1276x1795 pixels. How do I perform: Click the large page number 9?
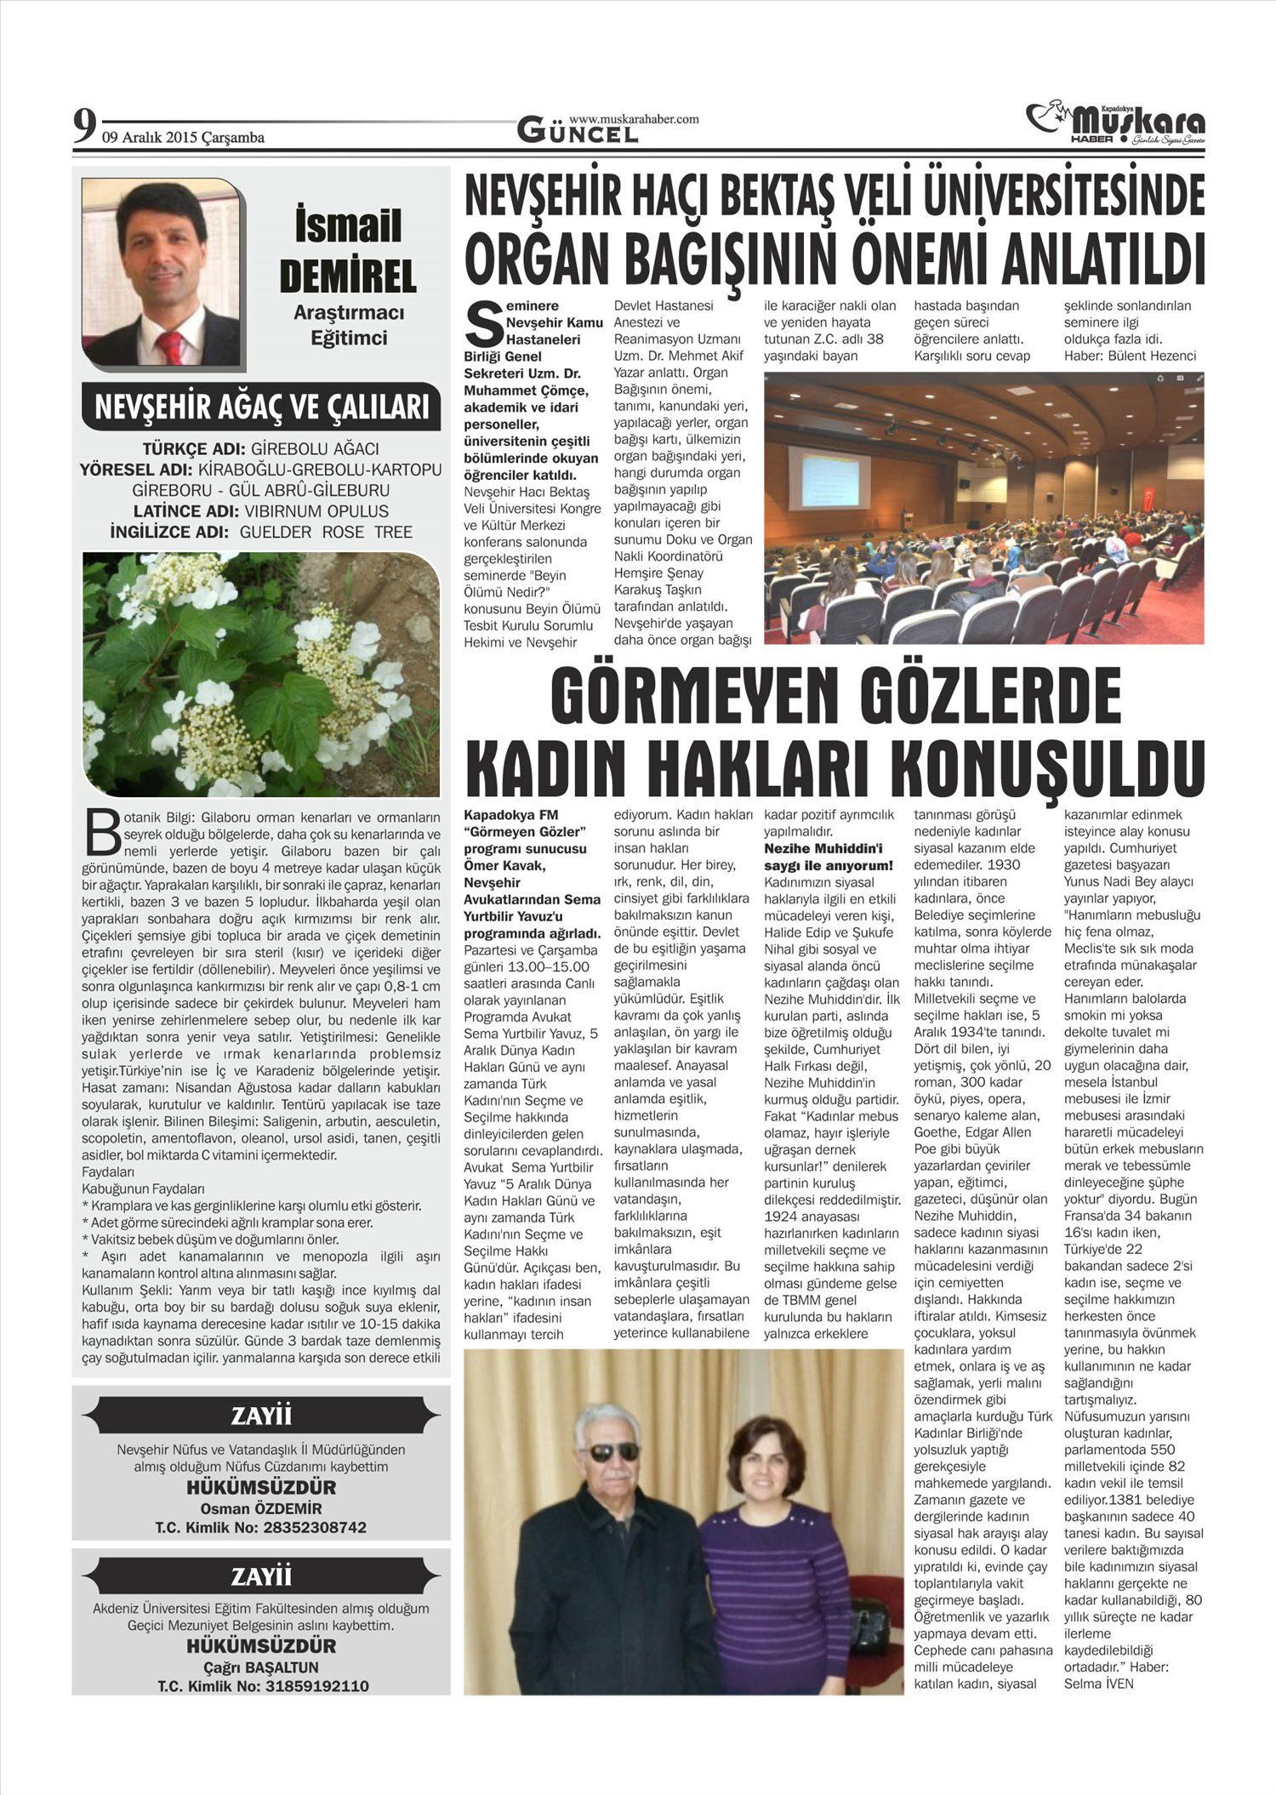click(x=83, y=127)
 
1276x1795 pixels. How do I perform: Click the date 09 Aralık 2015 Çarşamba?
click(x=183, y=138)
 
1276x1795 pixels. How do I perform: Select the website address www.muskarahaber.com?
click(x=634, y=119)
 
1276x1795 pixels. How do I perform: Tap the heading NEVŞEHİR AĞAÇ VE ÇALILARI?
click(x=261, y=407)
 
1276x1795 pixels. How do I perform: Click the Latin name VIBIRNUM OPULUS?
click(x=316, y=511)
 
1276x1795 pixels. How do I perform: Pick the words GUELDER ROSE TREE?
click(x=326, y=533)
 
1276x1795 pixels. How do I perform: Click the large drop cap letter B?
click(x=102, y=832)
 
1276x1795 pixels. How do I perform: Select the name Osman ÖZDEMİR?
click(x=260, y=1509)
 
